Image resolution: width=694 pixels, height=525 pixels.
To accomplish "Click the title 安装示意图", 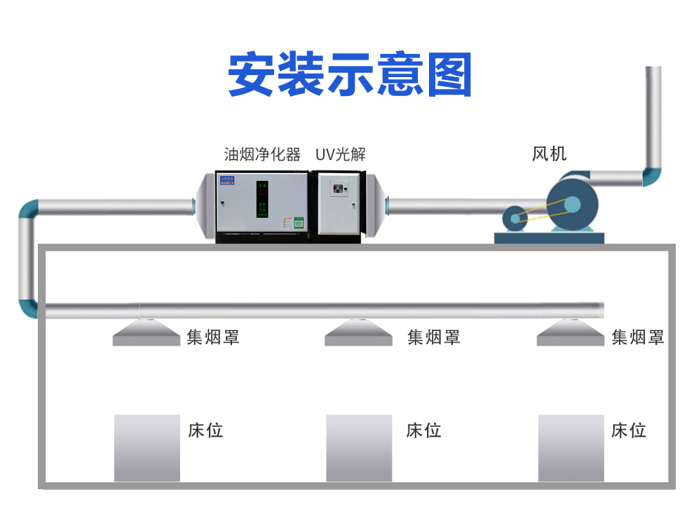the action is coord(350,74).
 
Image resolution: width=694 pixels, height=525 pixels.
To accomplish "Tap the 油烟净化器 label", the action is coord(262,154).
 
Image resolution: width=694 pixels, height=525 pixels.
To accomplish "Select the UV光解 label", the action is coord(341,154).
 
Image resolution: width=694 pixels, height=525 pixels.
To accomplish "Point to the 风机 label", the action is coord(549,154).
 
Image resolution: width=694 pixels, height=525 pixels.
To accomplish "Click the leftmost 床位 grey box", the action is coord(147,448).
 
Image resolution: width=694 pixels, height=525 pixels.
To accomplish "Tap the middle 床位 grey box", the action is coord(359,448).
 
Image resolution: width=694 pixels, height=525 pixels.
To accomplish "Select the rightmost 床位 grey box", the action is coord(571,448).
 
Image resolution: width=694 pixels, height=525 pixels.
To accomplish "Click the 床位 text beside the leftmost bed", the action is coord(205,430).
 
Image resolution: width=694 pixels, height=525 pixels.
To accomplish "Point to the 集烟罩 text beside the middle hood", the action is coord(434,337).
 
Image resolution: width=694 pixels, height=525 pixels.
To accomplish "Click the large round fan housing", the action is coord(572,204).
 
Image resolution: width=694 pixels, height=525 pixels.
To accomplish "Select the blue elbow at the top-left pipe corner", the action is coord(29,210).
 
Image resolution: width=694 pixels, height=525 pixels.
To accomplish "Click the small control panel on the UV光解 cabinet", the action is coord(340,189).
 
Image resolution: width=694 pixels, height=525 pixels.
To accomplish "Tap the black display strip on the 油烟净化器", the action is coord(262,199).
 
